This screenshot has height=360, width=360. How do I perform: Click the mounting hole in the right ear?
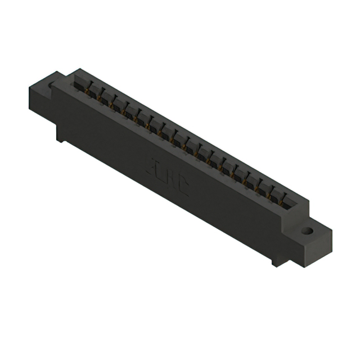coord(307,230)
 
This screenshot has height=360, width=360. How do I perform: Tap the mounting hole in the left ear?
coord(52,85)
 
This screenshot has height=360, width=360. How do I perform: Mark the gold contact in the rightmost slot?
coord(284,203)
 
